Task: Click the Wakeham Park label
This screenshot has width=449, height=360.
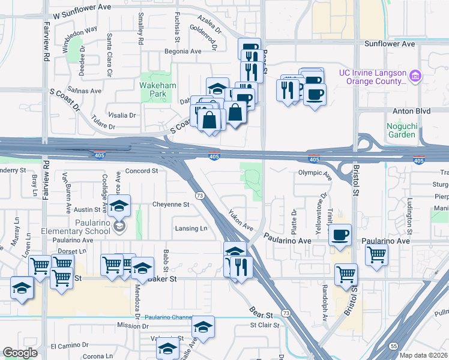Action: (157, 90)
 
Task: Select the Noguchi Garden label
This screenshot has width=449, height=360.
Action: (401, 130)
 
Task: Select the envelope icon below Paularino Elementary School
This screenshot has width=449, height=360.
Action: (119, 226)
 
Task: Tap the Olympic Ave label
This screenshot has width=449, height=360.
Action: (315, 175)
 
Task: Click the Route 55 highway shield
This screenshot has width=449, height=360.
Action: (393, 346)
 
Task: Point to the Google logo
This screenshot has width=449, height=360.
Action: (20, 353)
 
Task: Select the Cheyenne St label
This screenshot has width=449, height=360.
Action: (170, 204)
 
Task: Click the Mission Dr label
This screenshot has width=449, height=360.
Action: (133, 326)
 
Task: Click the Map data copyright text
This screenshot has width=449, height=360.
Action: (423, 355)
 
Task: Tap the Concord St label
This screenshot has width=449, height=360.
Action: (141, 171)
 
